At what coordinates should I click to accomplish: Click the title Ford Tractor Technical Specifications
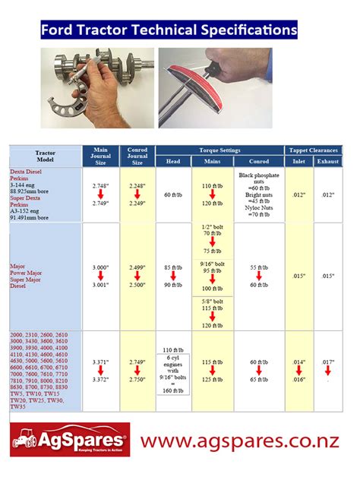pos(169,30)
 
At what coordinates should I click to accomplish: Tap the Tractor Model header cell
pos(46,155)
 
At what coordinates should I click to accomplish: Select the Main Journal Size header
pos(101,155)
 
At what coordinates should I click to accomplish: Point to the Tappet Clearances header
pos(313,150)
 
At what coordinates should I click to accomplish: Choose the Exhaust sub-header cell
pos(328,161)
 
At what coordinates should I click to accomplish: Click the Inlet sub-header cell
pos(299,161)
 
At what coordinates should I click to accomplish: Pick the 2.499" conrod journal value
pos(137,267)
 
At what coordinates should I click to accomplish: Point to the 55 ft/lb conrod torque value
pos(258,267)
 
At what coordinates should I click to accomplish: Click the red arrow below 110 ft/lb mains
pos(213,194)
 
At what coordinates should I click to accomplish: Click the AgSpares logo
pos(69,441)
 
